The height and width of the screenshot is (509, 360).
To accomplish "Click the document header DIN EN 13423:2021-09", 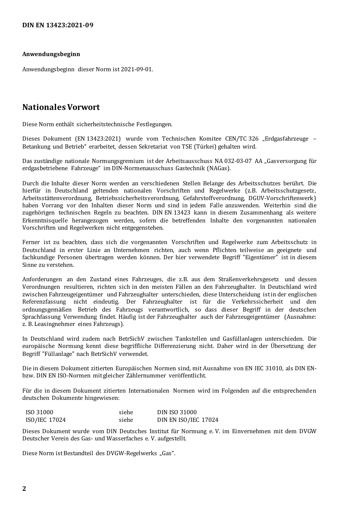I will pyautogui.click(x=58, y=25).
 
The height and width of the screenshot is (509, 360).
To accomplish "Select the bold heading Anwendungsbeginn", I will pyautogui.click(x=51, y=54).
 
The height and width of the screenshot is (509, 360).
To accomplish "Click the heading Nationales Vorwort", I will pyautogui.click(x=61, y=107).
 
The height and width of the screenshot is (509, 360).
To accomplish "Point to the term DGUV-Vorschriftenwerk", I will pyautogui.click(x=282, y=198).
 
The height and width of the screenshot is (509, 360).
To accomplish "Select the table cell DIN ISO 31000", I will pyautogui.click(x=177, y=412).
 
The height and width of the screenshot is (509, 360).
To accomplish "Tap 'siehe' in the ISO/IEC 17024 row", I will pyautogui.click(x=126, y=420).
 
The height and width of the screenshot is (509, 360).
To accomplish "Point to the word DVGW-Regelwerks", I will pyautogui.click(x=129, y=453).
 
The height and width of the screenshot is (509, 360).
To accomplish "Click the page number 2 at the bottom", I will pyautogui.click(x=24, y=489).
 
